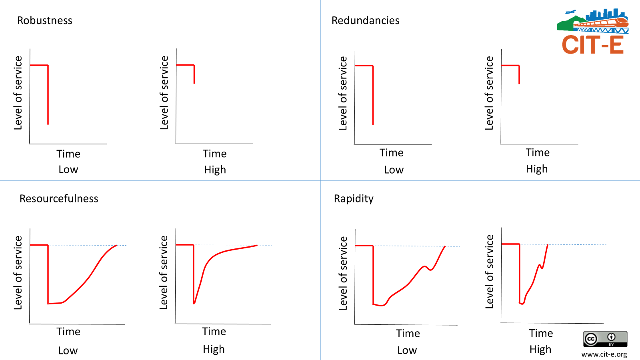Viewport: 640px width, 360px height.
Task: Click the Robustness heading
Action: click(x=45, y=20)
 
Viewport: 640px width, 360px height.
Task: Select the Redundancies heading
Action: click(x=365, y=20)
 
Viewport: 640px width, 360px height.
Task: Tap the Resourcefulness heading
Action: click(x=59, y=198)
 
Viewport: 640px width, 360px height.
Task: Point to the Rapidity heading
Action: click(x=354, y=198)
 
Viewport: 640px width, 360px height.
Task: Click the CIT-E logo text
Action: click(x=592, y=45)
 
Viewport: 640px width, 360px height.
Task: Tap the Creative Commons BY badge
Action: click(x=605, y=339)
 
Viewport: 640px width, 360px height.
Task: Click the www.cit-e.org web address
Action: click(x=604, y=354)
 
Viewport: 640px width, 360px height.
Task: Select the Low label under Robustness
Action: click(x=68, y=170)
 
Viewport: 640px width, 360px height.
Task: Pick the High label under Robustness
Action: click(x=215, y=170)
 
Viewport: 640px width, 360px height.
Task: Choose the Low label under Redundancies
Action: click(x=394, y=170)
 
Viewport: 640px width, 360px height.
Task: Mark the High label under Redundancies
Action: click(x=537, y=169)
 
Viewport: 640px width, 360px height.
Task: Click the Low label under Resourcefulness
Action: click(x=68, y=351)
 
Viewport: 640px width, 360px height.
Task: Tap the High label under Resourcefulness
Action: click(x=214, y=349)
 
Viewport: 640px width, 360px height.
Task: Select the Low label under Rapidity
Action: click(x=407, y=350)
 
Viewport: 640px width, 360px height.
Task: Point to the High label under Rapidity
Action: click(x=540, y=350)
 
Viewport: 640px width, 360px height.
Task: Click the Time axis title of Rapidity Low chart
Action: click(x=408, y=333)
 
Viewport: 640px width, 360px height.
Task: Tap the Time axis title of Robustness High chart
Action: click(x=214, y=154)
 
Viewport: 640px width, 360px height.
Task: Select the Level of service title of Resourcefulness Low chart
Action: click(x=18, y=272)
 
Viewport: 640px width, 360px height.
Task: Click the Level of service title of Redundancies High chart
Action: click(x=489, y=93)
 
